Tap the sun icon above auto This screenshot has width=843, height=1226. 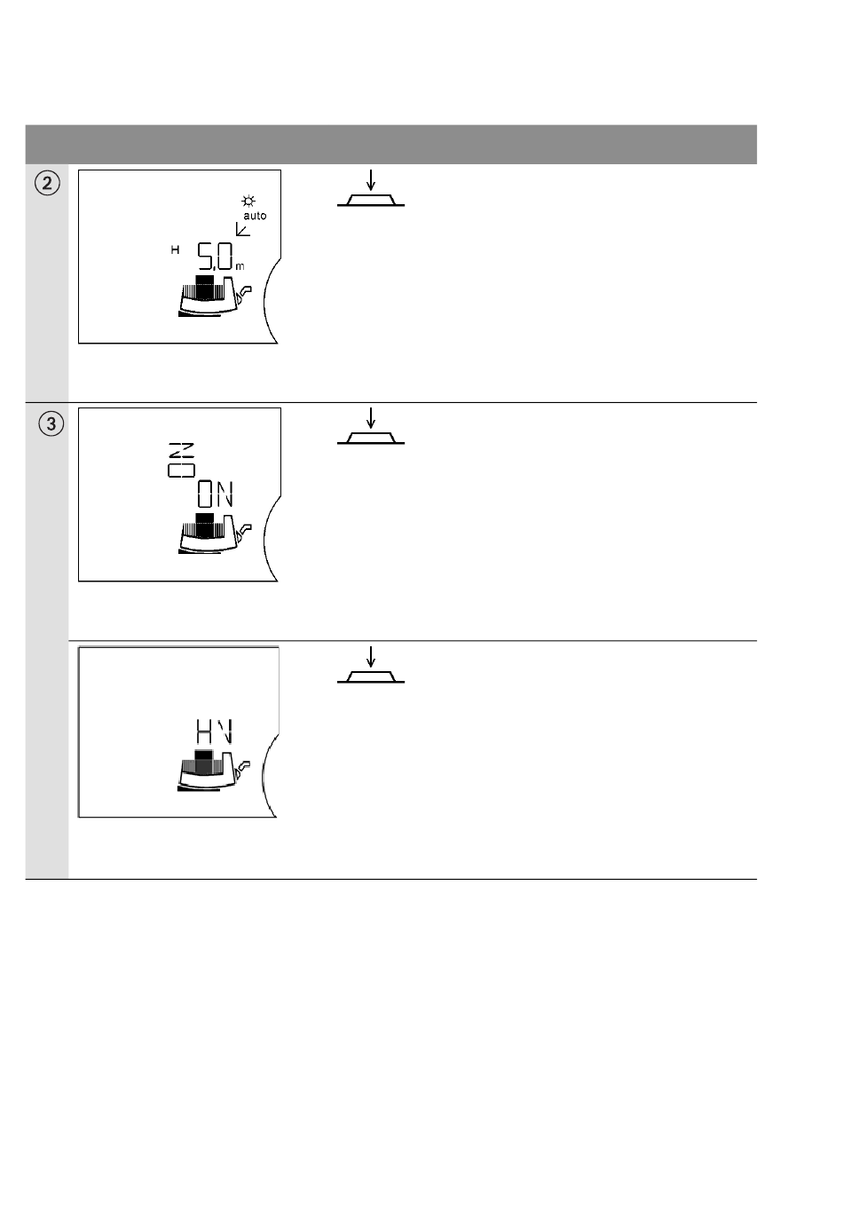click(x=248, y=202)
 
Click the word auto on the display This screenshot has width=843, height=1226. click(x=255, y=216)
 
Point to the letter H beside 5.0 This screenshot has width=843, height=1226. click(x=175, y=251)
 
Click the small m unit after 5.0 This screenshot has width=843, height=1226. click(x=240, y=265)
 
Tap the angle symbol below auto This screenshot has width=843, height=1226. click(x=242, y=229)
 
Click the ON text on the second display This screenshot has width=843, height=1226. click(x=215, y=494)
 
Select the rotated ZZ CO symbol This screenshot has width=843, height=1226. click(x=181, y=459)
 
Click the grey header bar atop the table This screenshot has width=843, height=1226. click(x=390, y=144)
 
